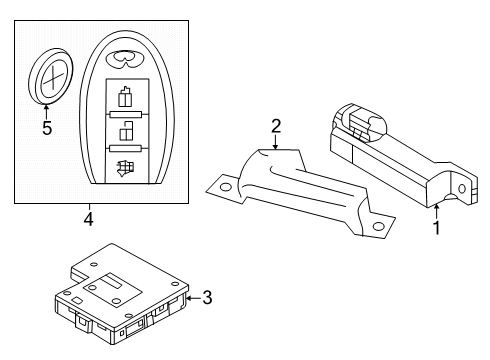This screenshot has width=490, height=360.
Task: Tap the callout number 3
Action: click(207, 296)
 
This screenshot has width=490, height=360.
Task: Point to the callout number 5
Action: click(45, 127)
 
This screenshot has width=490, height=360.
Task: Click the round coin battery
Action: click(49, 75)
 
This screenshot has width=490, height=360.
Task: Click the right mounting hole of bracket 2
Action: click(378, 227)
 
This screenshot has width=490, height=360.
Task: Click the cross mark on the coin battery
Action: click(52, 73)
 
